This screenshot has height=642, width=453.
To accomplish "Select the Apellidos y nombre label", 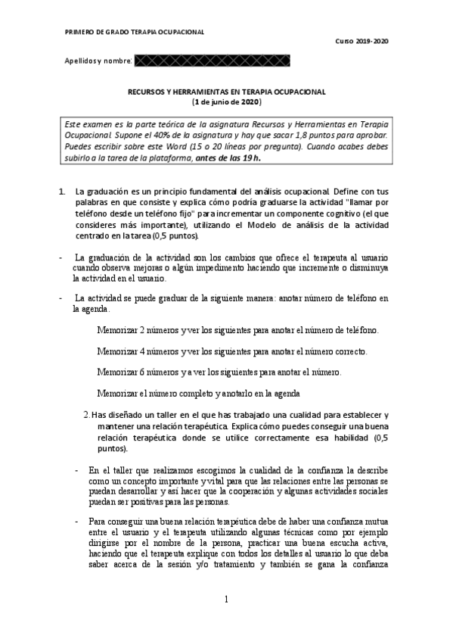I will [98, 60].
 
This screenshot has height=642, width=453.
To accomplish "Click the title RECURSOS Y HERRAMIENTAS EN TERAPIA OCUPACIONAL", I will [226, 92].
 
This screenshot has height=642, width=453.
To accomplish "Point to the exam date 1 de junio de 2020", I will [226, 101].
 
